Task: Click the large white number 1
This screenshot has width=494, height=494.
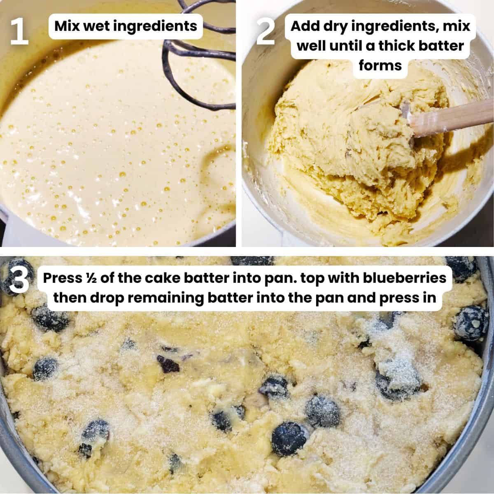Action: [x=19, y=31]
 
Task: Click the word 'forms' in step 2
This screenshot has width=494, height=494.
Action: [x=380, y=65]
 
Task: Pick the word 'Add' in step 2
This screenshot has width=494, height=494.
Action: [x=305, y=26]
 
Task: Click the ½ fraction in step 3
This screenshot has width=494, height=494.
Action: [x=92, y=278]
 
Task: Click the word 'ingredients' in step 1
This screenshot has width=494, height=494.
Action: [x=158, y=26]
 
